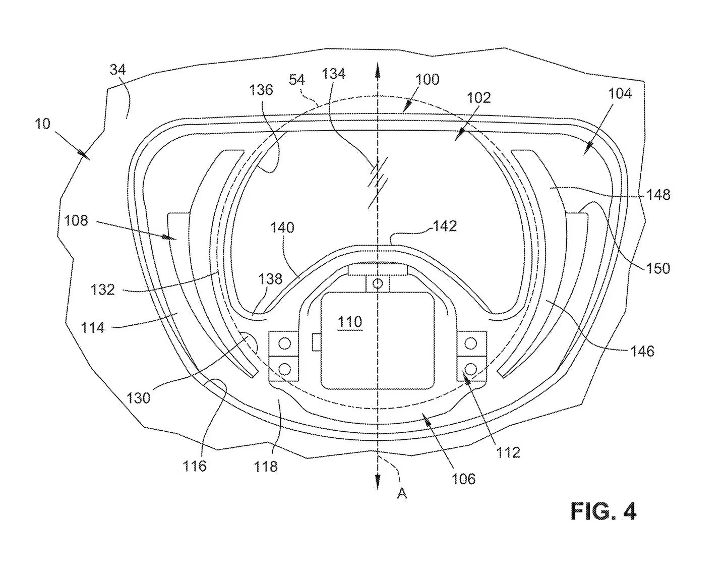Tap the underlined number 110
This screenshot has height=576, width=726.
pyautogui.click(x=349, y=322)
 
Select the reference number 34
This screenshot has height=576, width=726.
pyautogui.click(x=118, y=70)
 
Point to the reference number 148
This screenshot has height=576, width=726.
pyautogui.click(x=658, y=195)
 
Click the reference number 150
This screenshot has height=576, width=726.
pyautogui.click(x=658, y=268)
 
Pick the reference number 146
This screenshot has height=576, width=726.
pyautogui.click(x=642, y=352)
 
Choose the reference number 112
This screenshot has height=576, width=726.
pyautogui.click(x=508, y=453)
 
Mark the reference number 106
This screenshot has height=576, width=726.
pyautogui.click(x=463, y=479)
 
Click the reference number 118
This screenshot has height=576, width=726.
pyautogui.click(x=266, y=467)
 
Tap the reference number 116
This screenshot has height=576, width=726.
pyautogui.click(x=194, y=466)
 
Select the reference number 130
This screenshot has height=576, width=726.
pyautogui.click(x=138, y=398)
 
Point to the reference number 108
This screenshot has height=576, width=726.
pyautogui.click(x=76, y=220)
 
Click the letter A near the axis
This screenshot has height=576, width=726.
pyautogui.click(x=402, y=494)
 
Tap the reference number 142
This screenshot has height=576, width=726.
pyautogui.click(x=445, y=226)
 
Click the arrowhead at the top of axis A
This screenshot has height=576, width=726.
pyautogui.click(x=378, y=72)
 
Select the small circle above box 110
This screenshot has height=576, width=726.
pyautogui.click(x=378, y=283)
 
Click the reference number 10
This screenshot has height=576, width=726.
pyautogui.click(x=42, y=124)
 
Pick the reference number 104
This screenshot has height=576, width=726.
pyautogui.click(x=620, y=93)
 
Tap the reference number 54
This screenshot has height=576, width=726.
pyautogui.click(x=297, y=80)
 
